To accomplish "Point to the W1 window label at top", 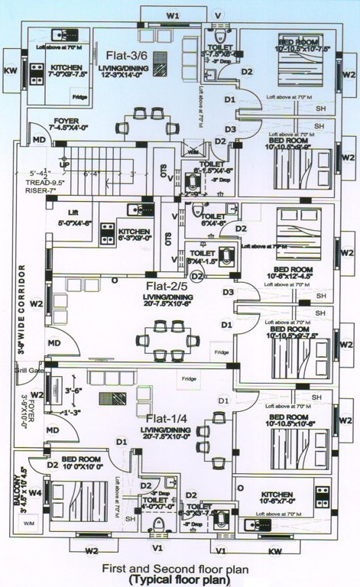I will (x=173, y=15).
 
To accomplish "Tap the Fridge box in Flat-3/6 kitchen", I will (x=79, y=97).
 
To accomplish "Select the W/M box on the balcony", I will (x=29, y=523).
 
